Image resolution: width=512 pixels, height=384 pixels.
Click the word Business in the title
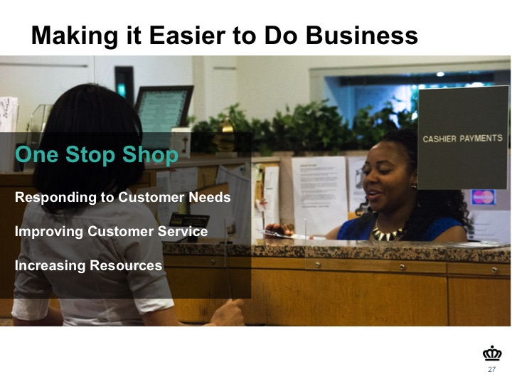[362, 36]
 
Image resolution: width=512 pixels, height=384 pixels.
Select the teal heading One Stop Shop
[97, 154]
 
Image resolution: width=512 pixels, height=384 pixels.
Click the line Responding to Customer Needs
[123, 197]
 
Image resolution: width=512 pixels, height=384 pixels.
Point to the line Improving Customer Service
[111, 231]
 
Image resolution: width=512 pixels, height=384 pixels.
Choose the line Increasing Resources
[88, 265]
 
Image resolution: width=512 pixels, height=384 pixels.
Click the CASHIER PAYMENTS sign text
[462, 139]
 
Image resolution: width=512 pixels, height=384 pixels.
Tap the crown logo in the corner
[492, 353]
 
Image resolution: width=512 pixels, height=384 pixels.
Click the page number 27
[492, 369]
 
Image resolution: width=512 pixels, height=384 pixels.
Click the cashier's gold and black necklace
[387, 233]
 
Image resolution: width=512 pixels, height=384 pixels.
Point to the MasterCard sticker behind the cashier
[483, 197]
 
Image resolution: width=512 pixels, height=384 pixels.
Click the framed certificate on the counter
[164, 108]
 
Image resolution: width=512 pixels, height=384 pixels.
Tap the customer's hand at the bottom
[228, 313]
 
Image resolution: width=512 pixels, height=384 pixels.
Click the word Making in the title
[75, 36]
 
